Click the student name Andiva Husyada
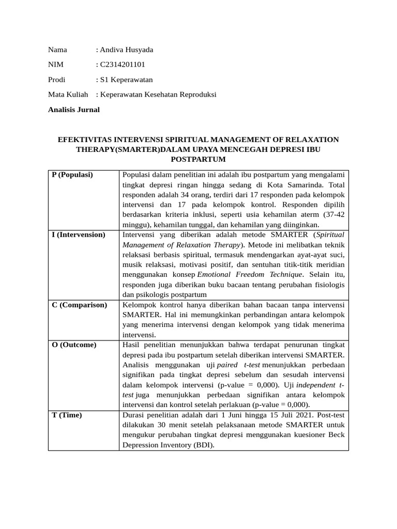tap(127, 50)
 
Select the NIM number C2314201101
tap(123, 65)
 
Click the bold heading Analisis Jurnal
tap(74, 110)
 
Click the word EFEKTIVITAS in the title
tap(84, 139)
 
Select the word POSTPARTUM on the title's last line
tap(198, 159)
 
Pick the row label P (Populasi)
tap(72, 175)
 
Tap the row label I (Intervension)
tap(79, 235)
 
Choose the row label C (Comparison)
tap(80, 305)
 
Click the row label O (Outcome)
tap(74, 345)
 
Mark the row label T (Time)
tap(67, 415)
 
